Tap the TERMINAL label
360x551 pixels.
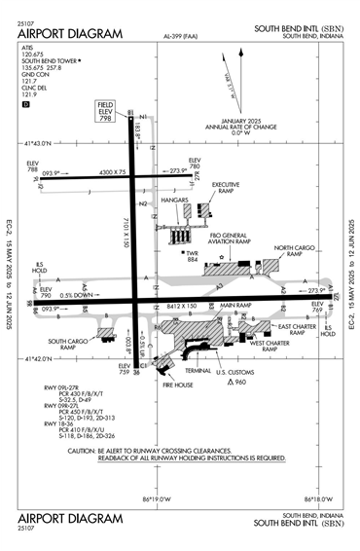198,371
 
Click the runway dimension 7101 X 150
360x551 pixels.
127,234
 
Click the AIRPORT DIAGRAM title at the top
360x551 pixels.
70,33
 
